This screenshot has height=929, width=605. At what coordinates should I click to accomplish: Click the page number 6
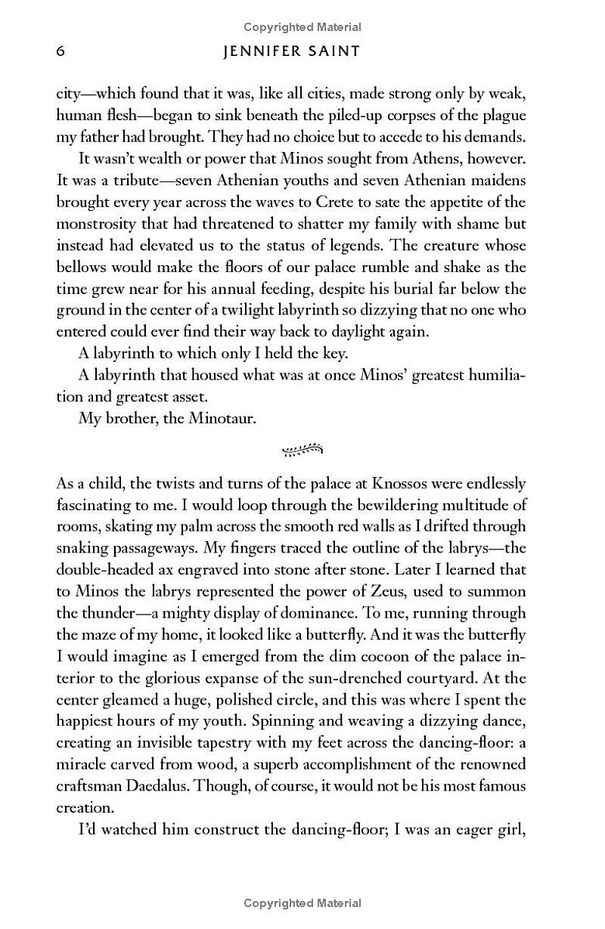point(61,51)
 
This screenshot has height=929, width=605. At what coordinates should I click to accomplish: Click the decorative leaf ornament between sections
point(302,451)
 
